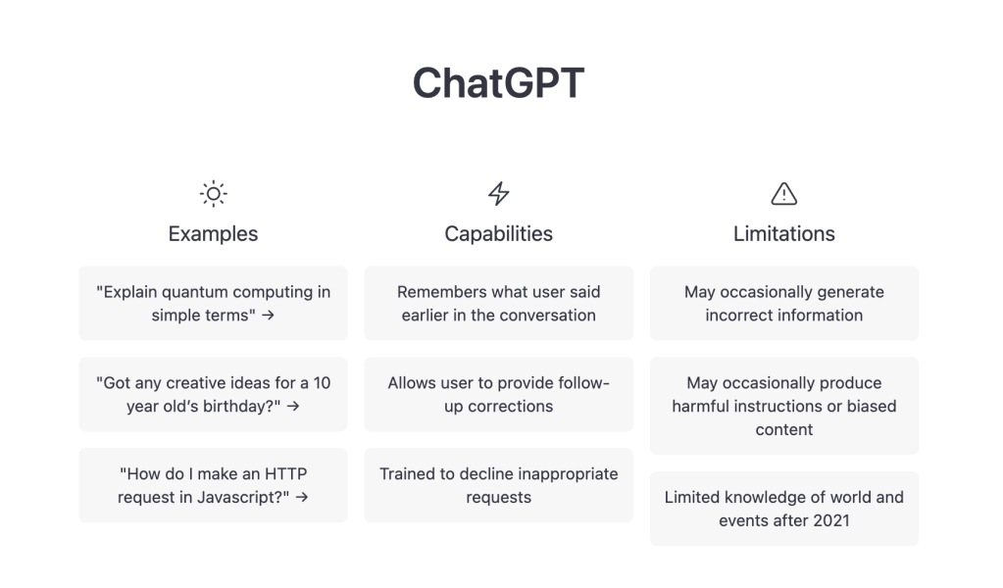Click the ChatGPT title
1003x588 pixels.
(498, 83)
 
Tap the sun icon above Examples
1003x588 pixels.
(213, 194)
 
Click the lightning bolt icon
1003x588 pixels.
(499, 194)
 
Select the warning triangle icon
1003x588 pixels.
(783, 194)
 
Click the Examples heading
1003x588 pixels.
(213, 234)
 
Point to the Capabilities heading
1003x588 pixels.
(499, 234)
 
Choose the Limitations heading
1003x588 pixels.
(783, 234)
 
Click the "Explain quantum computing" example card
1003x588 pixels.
(213, 304)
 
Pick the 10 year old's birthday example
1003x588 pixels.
(213, 394)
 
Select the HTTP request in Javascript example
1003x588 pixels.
(213, 485)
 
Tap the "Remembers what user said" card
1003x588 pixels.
(499, 304)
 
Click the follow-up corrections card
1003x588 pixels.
(499, 394)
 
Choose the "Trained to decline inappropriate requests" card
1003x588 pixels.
(499, 485)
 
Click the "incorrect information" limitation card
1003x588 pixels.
(784, 304)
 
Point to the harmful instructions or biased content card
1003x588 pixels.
(784, 406)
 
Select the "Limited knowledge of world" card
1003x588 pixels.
(784, 509)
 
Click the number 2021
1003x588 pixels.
(830, 521)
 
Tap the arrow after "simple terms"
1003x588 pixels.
(268, 316)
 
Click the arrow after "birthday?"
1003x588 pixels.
(293, 406)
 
